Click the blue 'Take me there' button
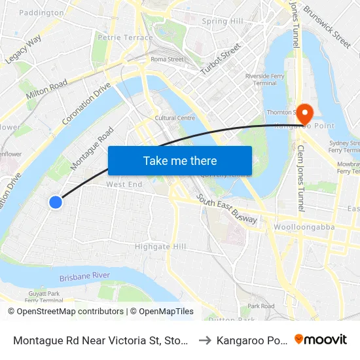(x=180, y=160)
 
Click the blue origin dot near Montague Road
(x=56, y=202)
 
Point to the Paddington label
(x=42, y=12)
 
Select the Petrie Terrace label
(x=125, y=38)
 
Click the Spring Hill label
(x=223, y=21)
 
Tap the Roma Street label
(x=167, y=60)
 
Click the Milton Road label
(x=46, y=90)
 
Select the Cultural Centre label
(x=175, y=118)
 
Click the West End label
(x=124, y=185)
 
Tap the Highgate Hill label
(x=160, y=247)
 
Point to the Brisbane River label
(x=84, y=277)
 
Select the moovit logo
(x=321, y=340)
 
